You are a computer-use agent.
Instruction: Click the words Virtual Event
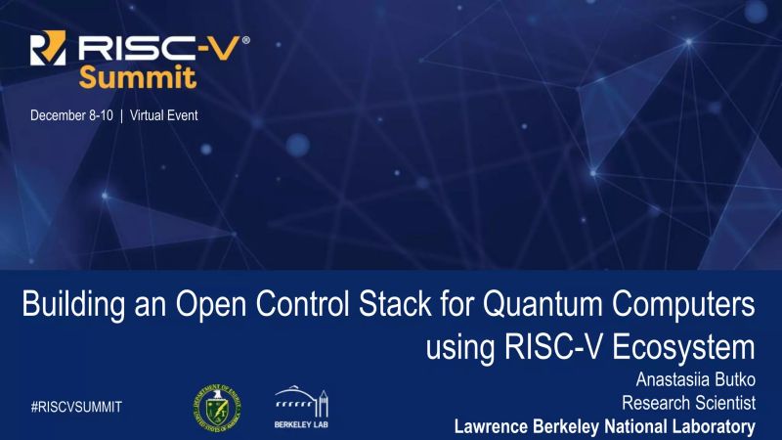[x=163, y=115]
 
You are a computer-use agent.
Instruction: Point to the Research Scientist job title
[x=690, y=403]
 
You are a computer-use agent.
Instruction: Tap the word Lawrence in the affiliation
[x=495, y=426]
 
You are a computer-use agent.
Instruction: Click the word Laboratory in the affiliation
[x=710, y=426]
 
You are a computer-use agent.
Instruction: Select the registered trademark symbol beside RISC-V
[x=245, y=41]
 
